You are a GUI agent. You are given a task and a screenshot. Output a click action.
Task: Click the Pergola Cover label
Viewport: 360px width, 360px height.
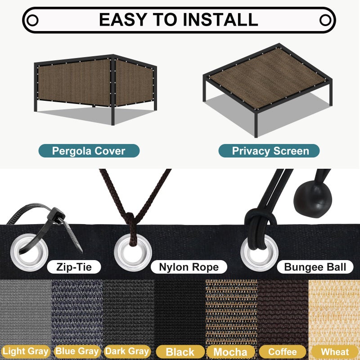pos(89,151)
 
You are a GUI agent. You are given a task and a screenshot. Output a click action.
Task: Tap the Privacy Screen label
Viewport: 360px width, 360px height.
pos(269,151)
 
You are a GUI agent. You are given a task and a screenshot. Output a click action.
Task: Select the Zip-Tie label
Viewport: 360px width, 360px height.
pos(74,267)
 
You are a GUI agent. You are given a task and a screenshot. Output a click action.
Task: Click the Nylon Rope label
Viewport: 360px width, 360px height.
pos(189,267)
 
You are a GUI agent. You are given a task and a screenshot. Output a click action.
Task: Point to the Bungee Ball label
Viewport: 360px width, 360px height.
pos(315,267)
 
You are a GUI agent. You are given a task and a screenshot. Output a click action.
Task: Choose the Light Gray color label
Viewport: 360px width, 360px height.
pos(25,351)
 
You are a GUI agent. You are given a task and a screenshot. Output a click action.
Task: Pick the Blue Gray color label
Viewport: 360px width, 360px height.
pos(77,351)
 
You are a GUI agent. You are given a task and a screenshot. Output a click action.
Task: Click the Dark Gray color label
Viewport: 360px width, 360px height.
pos(127,351)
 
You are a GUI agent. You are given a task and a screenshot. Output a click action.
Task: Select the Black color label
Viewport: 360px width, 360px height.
pos(180,352)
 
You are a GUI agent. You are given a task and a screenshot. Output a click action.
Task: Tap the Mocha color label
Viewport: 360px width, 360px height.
pos(230,352)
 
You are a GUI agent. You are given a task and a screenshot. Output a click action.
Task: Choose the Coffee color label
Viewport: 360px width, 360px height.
pos(283,352)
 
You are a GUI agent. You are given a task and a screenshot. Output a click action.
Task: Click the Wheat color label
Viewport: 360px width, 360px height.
pos(335,352)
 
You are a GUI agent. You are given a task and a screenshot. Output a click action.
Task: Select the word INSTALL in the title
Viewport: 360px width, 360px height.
pos(220,20)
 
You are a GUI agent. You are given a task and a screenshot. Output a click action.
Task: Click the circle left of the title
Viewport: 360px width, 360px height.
pos(32,20)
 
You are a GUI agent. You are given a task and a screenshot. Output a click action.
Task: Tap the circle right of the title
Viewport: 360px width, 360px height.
pos(325,20)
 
